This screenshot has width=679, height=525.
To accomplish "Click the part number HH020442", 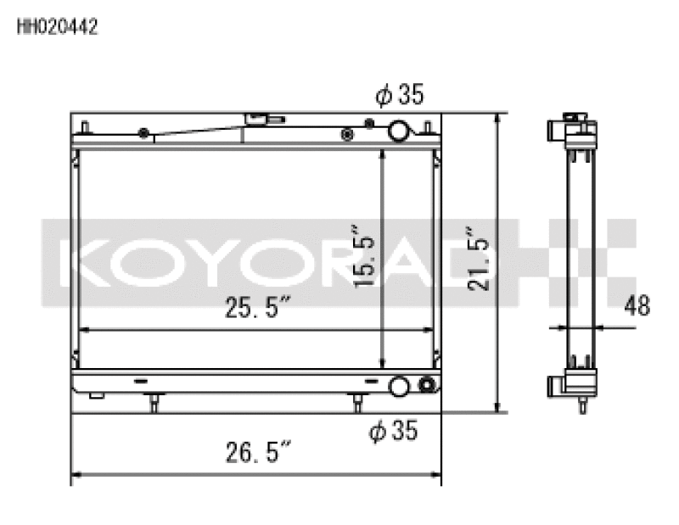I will pyautogui.click(x=57, y=27).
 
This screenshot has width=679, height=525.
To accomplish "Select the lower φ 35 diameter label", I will pyautogui.click(x=394, y=431).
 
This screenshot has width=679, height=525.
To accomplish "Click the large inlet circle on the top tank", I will pyautogui.click(x=398, y=131).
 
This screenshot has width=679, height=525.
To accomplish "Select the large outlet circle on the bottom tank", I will pyautogui.click(x=398, y=388).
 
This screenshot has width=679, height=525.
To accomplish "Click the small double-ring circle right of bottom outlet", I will pyautogui.click(x=425, y=388).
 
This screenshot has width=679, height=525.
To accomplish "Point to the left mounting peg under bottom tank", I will pyautogui.click(x=153, y=402).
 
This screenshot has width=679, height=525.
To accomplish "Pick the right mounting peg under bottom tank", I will pyautogui.click(x=357, y=402).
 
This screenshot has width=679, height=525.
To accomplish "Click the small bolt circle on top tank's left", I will pyautogui.click(x=143, y=132).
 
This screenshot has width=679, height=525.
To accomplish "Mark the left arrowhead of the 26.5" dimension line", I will pyautogui.click(x=76, y=475).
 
